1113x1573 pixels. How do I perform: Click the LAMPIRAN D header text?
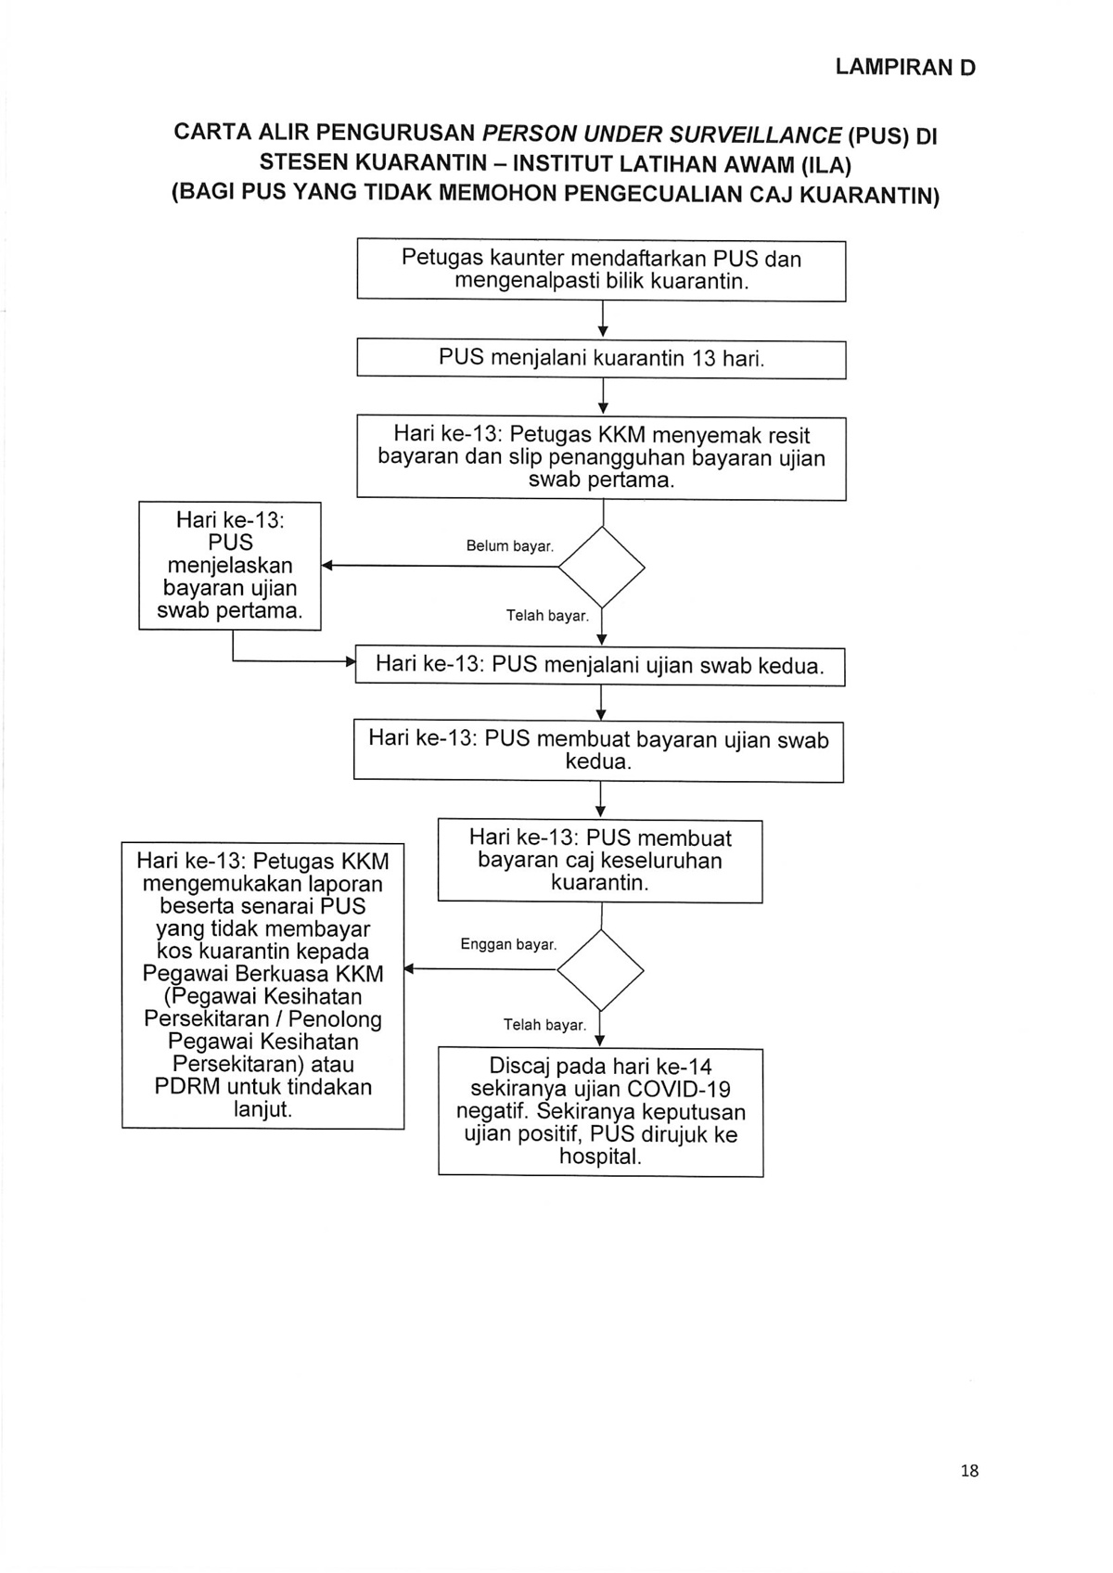coord(905,68)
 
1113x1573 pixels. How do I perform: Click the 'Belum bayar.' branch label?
coord(510,545)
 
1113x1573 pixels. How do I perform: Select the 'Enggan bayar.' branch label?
coord(508,944)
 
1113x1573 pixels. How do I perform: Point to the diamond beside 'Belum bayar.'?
coord(602,567)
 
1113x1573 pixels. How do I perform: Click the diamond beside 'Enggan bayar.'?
coord(600,970)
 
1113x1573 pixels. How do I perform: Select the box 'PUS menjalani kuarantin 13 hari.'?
coord(601,359)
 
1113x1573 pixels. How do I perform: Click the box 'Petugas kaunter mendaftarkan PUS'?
coord(601,271)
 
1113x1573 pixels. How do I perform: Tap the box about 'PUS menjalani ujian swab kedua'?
coord(600,665)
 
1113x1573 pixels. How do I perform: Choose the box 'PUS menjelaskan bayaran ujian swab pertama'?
coord(230,566)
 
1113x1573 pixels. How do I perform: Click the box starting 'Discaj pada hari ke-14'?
coord(600,1112)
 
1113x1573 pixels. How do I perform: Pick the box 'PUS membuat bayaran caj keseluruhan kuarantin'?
coord(600,861)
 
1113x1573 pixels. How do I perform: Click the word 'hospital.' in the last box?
coord(600,1156)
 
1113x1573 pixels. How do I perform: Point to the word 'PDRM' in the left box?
coord(185,1086)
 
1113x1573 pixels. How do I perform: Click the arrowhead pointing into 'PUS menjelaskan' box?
coord(326,566)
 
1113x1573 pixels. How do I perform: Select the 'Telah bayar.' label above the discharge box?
coord(544,1025)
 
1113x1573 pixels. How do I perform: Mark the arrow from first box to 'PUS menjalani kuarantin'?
coord(603,319)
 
